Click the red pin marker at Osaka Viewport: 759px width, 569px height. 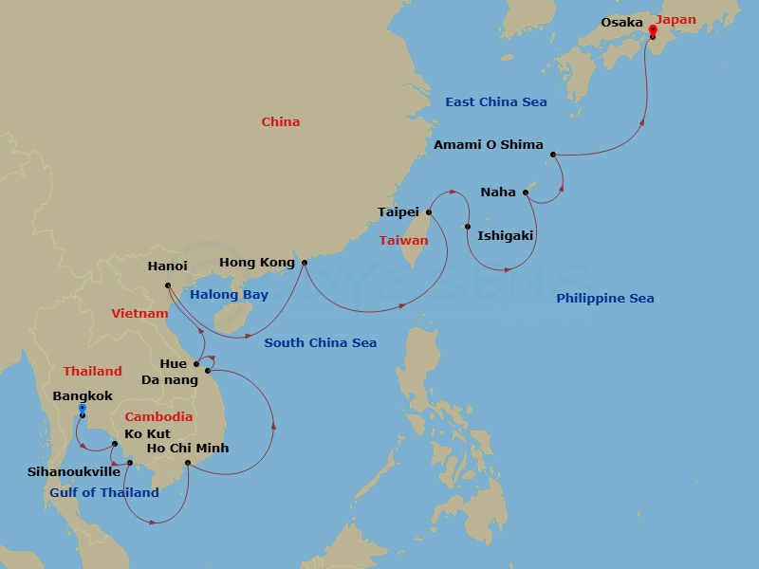653,31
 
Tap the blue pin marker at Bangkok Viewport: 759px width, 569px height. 83,411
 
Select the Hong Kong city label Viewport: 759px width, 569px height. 256,263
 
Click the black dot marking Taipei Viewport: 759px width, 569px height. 429,212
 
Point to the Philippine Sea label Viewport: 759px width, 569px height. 604,299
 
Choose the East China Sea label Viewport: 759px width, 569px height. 496,102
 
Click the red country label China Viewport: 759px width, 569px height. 280,122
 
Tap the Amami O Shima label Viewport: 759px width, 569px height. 488,145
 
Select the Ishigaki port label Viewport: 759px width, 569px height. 505,236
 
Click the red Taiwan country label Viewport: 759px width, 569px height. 403,241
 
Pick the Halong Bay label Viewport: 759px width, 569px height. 229,295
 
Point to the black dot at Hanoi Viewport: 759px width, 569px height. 168,284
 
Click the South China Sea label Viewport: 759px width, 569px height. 320,343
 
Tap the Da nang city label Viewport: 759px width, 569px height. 169,380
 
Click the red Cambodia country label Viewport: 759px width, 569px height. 158,417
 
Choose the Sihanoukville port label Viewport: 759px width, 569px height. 73,471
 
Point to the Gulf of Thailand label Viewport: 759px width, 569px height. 104,493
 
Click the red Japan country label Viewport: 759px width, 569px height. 676,20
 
